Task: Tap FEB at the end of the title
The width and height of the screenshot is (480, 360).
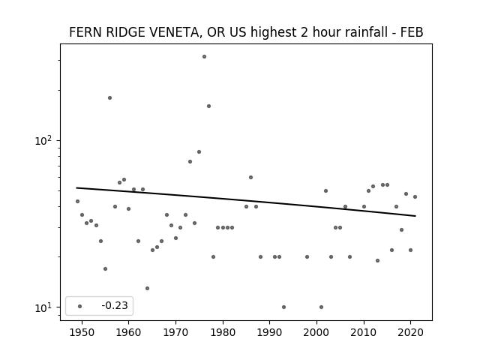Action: pyautogui.click(x=412, y=32)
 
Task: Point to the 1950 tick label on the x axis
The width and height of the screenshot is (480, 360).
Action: pyautogui.click(x=82, y=332)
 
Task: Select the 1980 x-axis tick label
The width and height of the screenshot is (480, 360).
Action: pyautogui.click(x=223, y=332)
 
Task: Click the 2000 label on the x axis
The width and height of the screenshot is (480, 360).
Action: pyautogui.click(x=316, y=332)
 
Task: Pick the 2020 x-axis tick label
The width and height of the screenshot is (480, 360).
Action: pyautogui.click(x=411, y=332)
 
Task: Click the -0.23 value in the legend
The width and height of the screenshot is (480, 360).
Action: pyautogui.click(x=115, y=305)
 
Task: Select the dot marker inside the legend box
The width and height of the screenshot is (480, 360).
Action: pyautogui.click(x=80, y=306)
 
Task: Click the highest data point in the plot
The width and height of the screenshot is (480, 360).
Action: pyautogui.click(x=204, y=57)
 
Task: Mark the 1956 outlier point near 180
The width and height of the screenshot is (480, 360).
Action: pyautogui.click(x=110, y=98)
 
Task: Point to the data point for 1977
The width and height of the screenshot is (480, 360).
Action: pyautogui.click(x=208, y=106)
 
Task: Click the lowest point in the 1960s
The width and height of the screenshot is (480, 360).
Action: pyautogui.click(x=147, y=288)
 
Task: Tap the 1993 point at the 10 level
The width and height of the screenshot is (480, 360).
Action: pyautogui.click(x=283, y=307)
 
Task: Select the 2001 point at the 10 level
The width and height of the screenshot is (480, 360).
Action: pyautogui.click(x=322, y=307)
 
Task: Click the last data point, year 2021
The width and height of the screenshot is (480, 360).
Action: pyautogui.click(x=415, y=196)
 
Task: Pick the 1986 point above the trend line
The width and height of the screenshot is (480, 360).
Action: pyautogui.click(x=250, y=177)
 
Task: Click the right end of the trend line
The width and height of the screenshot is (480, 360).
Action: pyautogui.click(x=415, y=216)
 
